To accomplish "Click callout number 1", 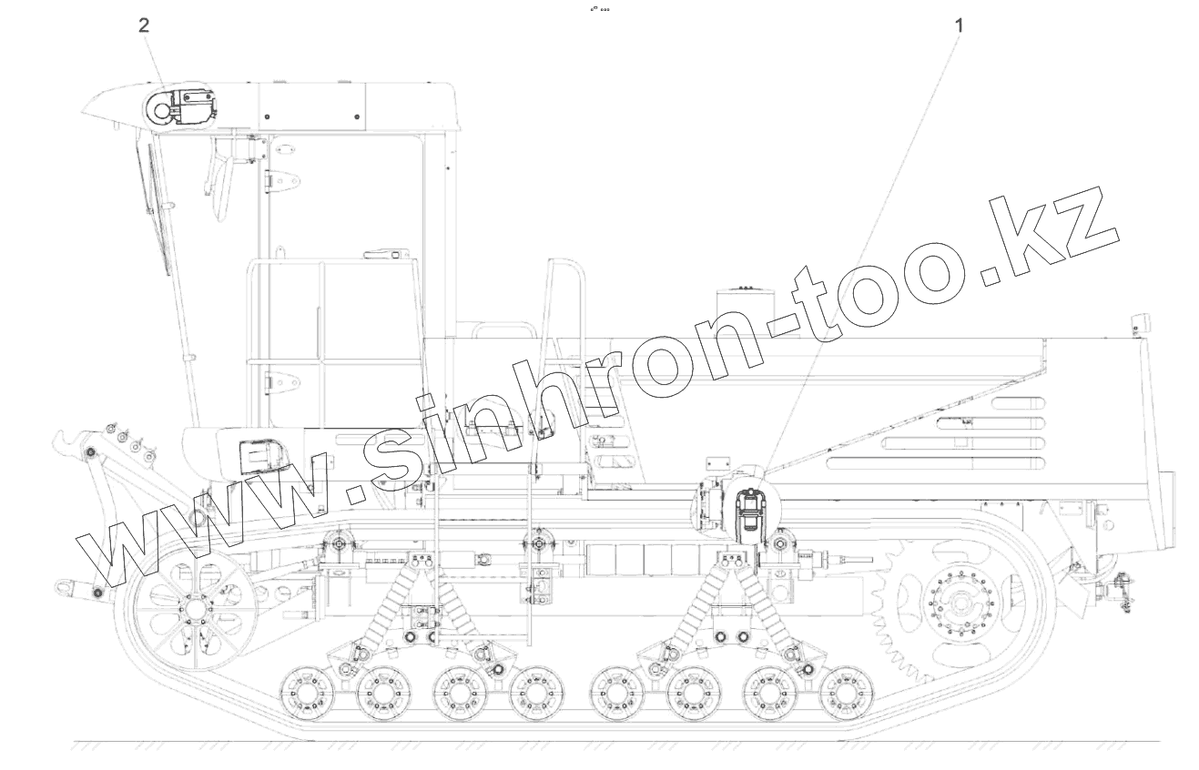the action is coord(959,25).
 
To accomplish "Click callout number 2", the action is coord(144,25).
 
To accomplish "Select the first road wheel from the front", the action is coord(307,694).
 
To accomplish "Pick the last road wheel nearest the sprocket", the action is coord(846,694).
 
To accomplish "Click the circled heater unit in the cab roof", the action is coord(180,110).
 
